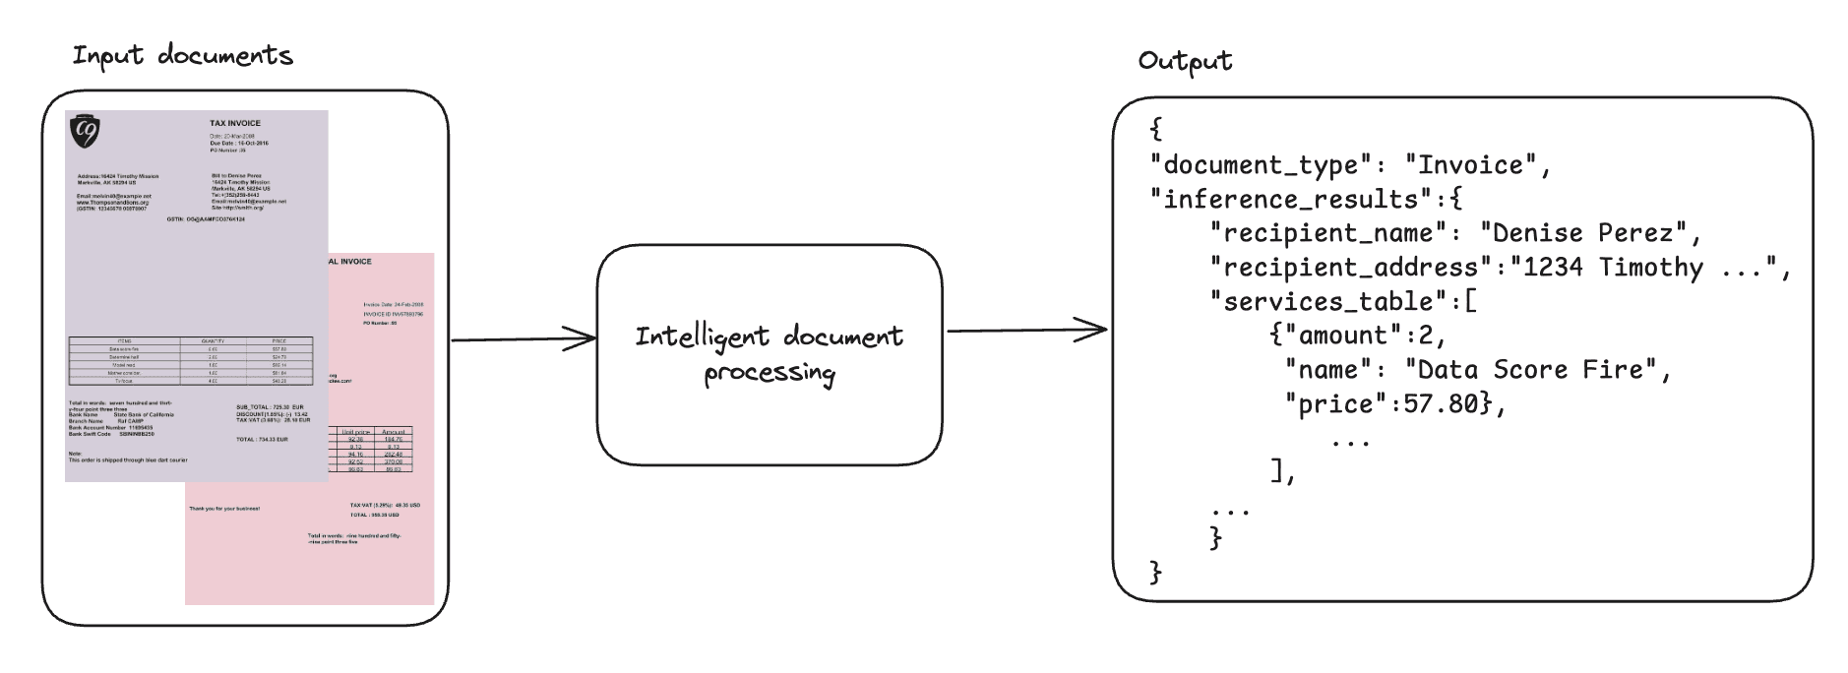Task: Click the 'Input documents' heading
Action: [x=182, y=56]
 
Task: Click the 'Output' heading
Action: [x=1184, y=61]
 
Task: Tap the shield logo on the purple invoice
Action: [x=85, y=131]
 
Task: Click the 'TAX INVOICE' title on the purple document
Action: [x=235, y=124]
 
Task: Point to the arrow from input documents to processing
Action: [x=523, y=339]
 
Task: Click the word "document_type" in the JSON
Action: [x=1260, y=165]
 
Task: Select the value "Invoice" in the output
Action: [x=1471, y=165]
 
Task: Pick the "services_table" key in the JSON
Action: [x=1328, y=302]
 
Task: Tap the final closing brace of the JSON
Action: [x=1156, y=572]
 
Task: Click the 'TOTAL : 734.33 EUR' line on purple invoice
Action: [x=262, y=440]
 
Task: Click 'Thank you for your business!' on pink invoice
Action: [x=224, y=509]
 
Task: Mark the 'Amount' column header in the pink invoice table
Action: [x=393, y=432]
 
